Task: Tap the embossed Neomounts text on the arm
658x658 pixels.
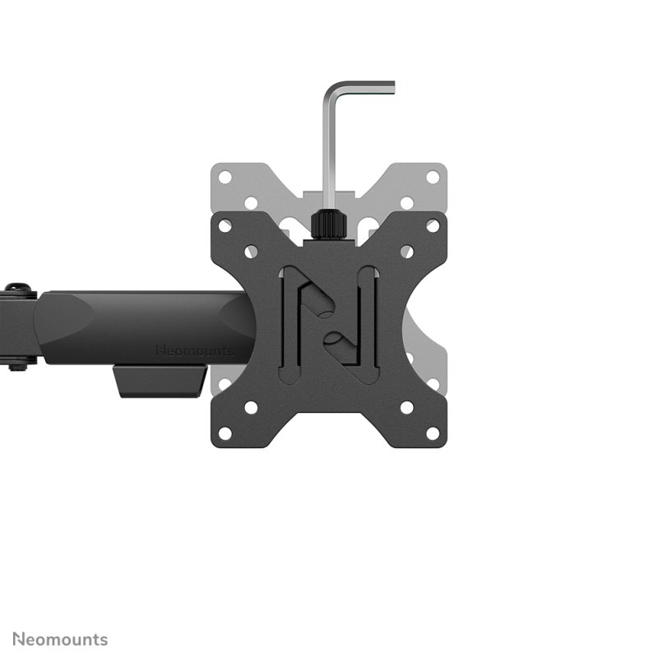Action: coord(194,351)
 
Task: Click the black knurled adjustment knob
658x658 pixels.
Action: coord(329,225)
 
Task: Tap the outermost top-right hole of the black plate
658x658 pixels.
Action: coord(433,225)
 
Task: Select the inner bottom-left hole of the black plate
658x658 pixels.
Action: coord(251,407)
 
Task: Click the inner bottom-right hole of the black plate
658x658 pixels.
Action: coord(406,407)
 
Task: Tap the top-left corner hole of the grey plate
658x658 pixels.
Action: coord(225,177)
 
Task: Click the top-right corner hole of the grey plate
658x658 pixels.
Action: coord(433,177)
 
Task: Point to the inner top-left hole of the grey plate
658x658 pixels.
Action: coord(251,202)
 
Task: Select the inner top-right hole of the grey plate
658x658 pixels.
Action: coord(406,202)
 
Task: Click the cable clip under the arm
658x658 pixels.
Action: coord(160,382)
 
